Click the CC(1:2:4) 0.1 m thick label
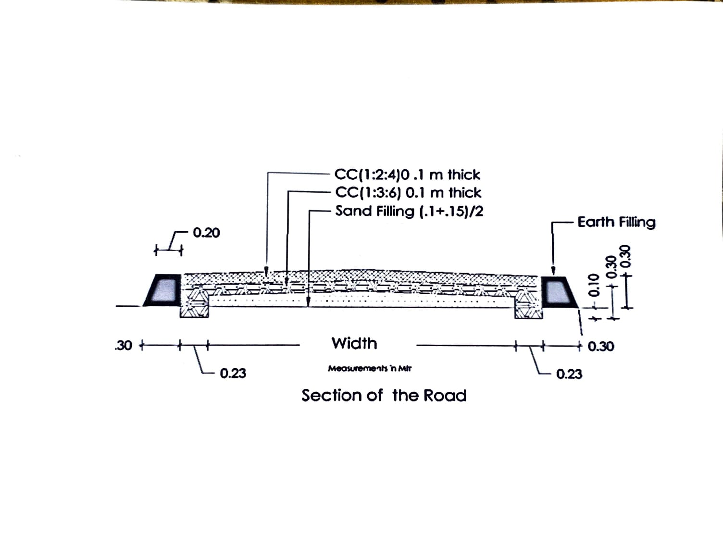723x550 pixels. point(407,175)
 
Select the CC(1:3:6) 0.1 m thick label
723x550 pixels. point(408,193)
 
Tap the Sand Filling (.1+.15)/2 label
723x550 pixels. point(409,211)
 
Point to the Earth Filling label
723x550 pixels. point(616,222)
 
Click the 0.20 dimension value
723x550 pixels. point(206,233)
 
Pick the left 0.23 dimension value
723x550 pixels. point(233,373)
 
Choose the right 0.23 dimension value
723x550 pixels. point(569,374)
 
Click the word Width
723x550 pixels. point(354,343)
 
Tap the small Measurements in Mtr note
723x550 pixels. point(370,369)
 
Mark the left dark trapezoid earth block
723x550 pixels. point(163,290)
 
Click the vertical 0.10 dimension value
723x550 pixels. point(595,285)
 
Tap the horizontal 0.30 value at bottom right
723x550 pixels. point(600,347)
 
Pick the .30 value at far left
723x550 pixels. point(124,346)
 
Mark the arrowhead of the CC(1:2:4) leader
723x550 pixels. point(267,272)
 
